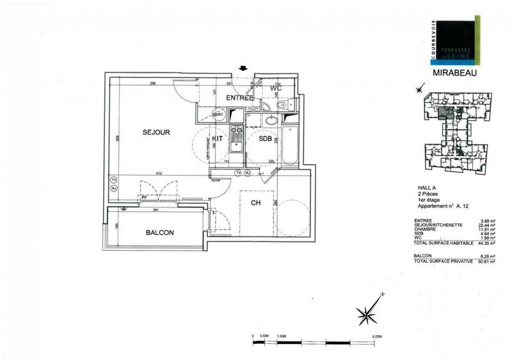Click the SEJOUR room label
pyautogui.click(x=156, y=133)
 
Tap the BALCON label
pyautogui.click(x=160, y=233)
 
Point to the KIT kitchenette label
pyautogui.click(x=218, y=138)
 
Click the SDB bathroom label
pyautogui.click(x=265, y=138)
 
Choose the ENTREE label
pyautogui.click(x=241, y=98)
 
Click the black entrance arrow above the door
pyautogui.click(x=243, y=69)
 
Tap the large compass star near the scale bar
pyautogui.click(x=367, y=314)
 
